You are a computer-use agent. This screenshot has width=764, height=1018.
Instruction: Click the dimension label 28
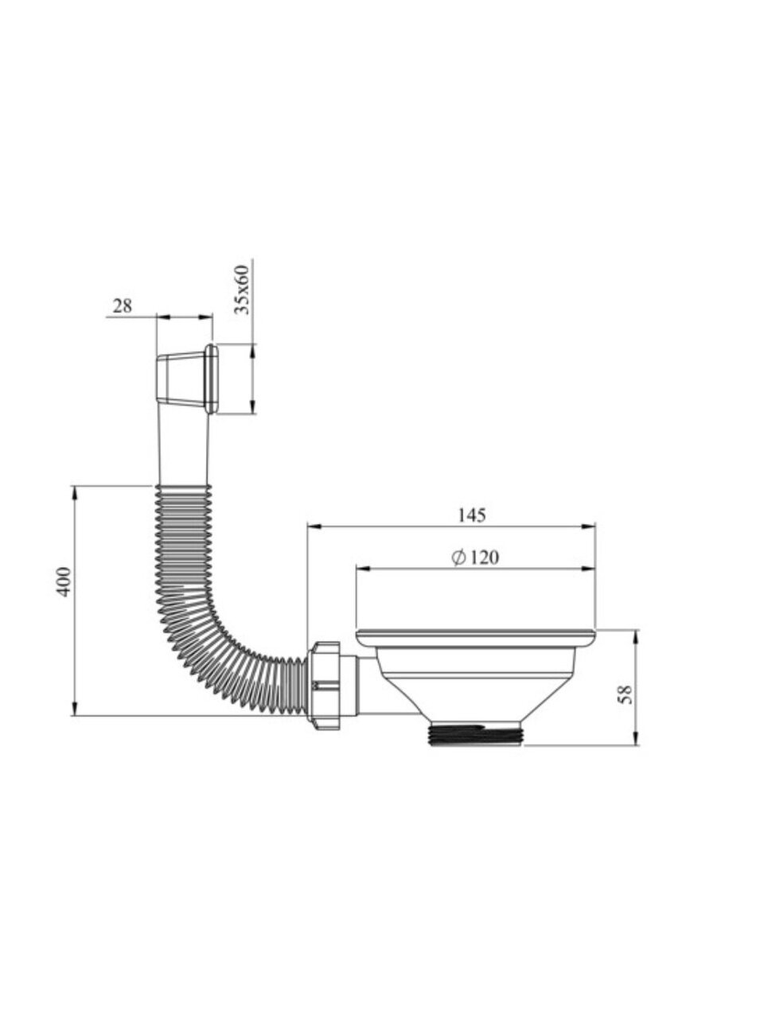coord(123,305)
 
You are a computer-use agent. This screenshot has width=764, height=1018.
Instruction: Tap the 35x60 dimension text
coord(242,289)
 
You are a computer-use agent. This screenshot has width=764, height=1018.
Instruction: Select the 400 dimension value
coord(63,582)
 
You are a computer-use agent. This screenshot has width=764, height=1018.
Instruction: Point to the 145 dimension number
coord(472,515)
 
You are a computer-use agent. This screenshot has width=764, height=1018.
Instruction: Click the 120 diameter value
coord(485,558)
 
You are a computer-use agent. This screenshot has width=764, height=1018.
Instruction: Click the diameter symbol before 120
coord(458,558)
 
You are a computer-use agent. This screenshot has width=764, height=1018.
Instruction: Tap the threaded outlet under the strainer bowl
coord(477,732)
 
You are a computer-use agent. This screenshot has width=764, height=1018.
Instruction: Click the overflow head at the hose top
coord(186,379)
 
